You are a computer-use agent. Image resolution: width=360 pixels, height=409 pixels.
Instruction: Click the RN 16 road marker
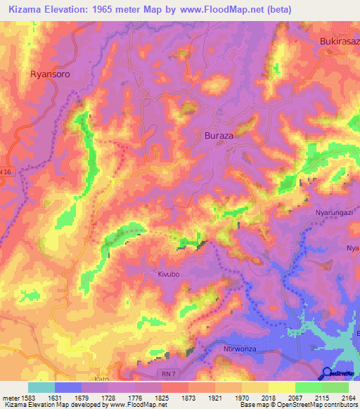[x=6, y=171]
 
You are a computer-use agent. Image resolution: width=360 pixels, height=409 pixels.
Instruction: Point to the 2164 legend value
[x=347, y=397]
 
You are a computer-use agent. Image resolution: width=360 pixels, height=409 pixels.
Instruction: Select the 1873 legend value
[x=188, y=397]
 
